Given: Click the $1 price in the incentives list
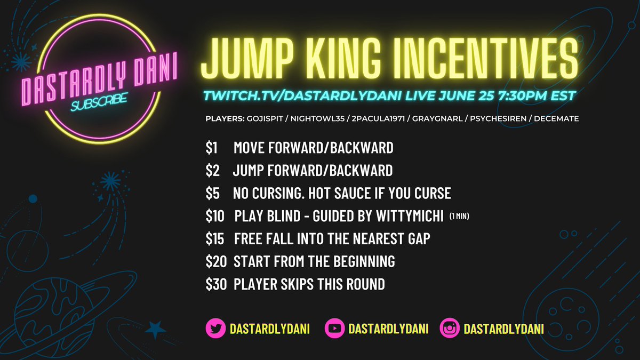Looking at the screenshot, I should click(x=212, y=148).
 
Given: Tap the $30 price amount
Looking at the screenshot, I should click(x=216, y=284).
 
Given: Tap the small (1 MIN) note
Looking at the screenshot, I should click(x=459, y=217).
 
